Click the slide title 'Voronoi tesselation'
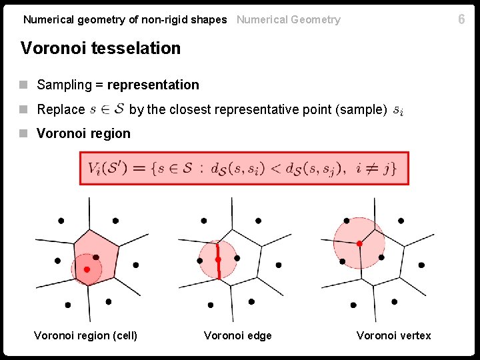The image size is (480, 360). [x=101, y=48]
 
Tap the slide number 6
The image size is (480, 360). [x=461, y=19]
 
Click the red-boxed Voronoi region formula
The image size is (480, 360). [x=243, y=168]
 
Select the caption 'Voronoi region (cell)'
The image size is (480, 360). [x=85, y=335]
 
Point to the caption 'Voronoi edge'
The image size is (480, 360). [x=238, y=335]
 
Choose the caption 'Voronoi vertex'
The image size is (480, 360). [x=393, y=335]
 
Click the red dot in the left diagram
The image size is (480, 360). [x=87, y=269]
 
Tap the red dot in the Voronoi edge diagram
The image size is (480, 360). [x=218, y=259]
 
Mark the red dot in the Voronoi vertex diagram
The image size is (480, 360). [x=359, y=244]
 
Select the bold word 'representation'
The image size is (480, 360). [x=153, y=85]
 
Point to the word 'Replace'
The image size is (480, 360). [x=61, y=109]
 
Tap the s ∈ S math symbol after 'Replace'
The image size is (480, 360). [x=107, y=109]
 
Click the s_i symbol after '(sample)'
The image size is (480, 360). [x=398, y=109]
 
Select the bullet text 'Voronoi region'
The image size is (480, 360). [x=83, y=133]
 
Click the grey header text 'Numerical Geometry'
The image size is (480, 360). [x=288, y=20]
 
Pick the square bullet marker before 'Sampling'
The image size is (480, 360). [x=25, y=85]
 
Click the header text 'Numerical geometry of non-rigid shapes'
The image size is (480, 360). [x=125, y=20]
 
